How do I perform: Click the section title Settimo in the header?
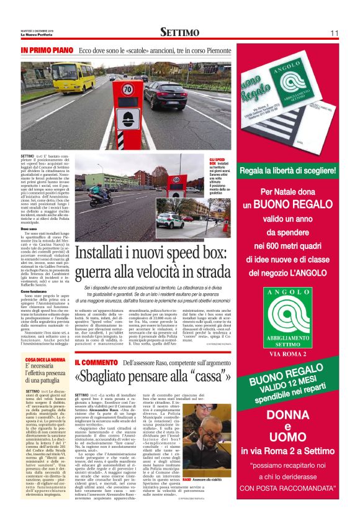(179, 32)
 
